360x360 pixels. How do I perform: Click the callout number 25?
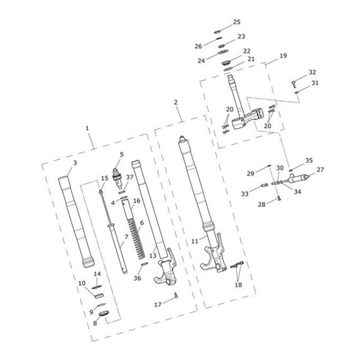tap(237, 22)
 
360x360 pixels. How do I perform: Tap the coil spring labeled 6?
tap(136, 239)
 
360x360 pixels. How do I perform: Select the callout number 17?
tap(158, 304)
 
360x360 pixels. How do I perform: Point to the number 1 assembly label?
tap(87, 128)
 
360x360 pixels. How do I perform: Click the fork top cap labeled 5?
tap(117, 177)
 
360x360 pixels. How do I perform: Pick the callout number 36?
tap(137, 278)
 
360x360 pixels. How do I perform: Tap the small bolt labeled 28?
tap(279, 198)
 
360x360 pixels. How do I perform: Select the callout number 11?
tap(194, 242)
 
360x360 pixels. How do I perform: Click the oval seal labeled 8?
tap(103, 314)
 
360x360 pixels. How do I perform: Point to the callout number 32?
tap(312, 72)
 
